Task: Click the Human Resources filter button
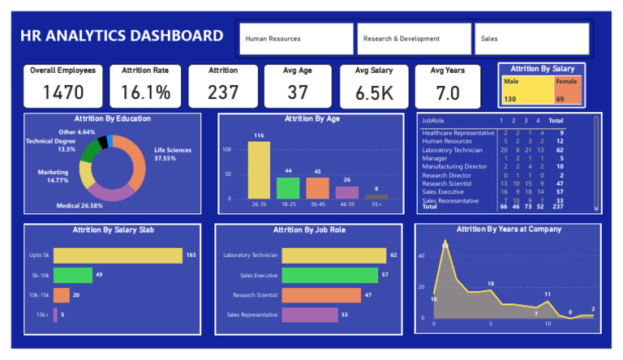(295, 39)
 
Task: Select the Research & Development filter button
(414, 39)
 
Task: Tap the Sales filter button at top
(532, 39)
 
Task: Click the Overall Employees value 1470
(62, 92)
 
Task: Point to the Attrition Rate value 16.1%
(145, 92)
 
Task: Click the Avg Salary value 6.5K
(374, 93)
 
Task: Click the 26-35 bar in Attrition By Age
(259, 169)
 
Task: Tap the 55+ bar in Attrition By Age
(376, 196)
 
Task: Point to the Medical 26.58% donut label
(79, 206)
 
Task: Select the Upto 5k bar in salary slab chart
(118, 256)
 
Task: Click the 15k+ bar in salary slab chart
(55, 315)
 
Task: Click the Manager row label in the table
(434, 159)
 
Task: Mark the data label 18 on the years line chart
(491, 284)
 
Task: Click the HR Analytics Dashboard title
(122, 36)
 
